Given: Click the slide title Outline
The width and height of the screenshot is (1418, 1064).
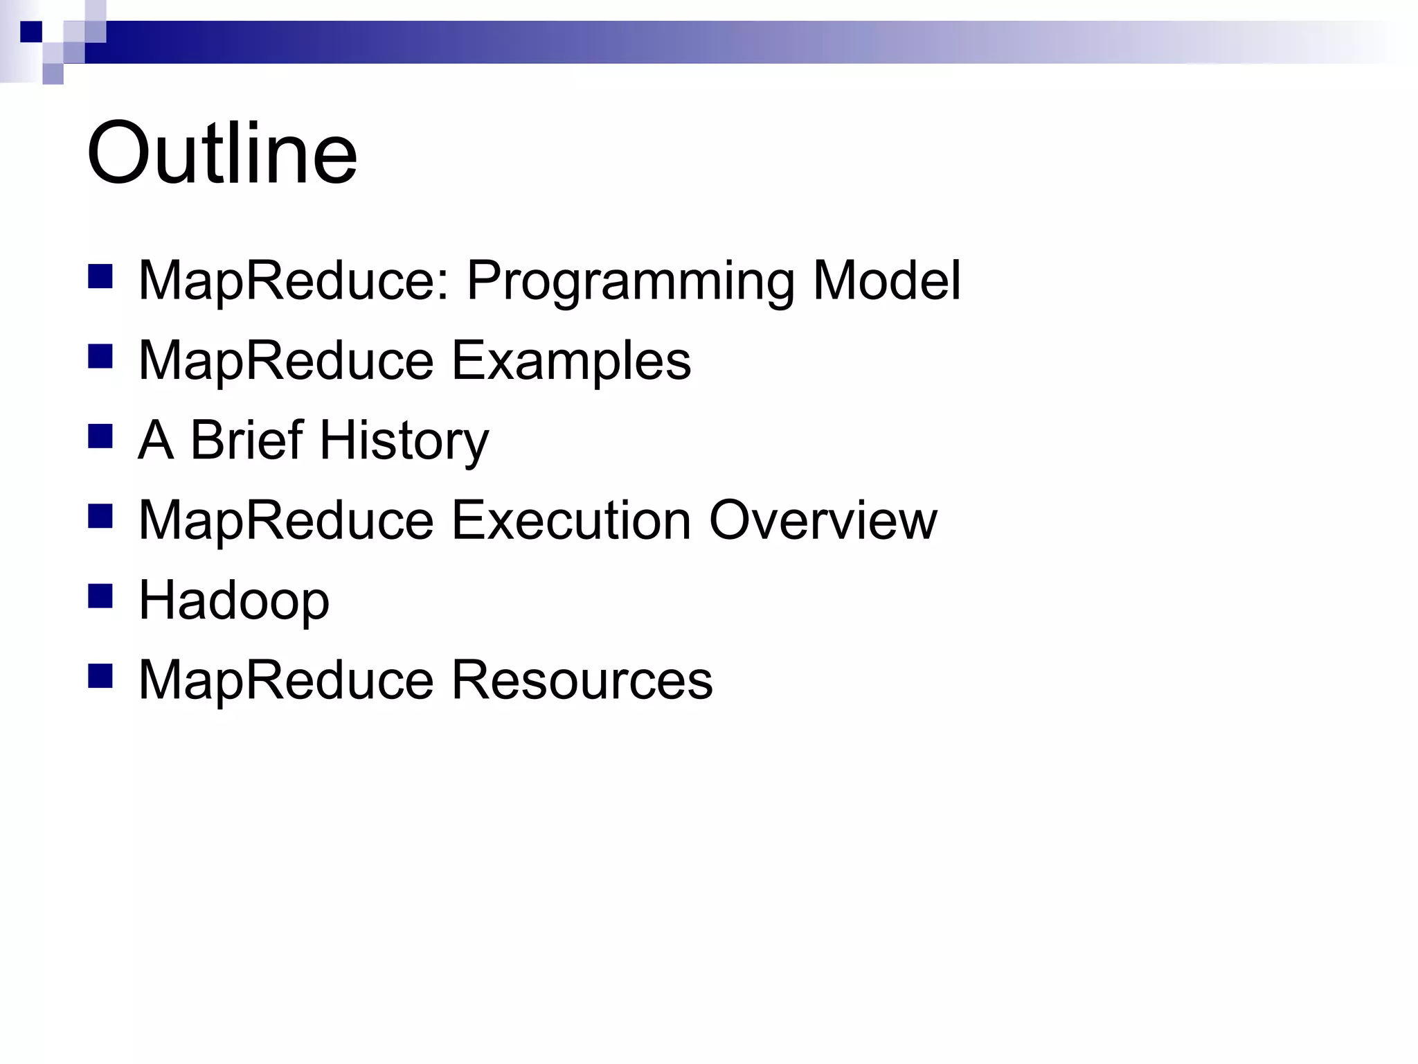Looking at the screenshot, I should click(x=222, y=153).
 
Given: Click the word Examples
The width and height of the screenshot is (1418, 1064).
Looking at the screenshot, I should click(x=571, y=361).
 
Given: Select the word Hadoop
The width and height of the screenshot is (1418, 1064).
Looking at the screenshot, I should click(x=234, y=601).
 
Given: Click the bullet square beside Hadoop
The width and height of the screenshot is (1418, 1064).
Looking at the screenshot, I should click(x=100, y=596).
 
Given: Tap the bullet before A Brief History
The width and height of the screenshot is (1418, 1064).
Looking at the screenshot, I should click(x=100, y=436).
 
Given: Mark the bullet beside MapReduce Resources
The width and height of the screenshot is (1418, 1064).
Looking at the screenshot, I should click(x=100, y=676).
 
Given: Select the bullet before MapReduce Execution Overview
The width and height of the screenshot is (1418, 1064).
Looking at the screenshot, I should click(x=100, y=516).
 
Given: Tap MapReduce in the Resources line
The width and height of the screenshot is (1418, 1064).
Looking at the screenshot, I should click(x=286, y=680).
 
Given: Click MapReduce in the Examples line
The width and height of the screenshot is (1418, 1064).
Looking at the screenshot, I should click(x=286, y=361).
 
